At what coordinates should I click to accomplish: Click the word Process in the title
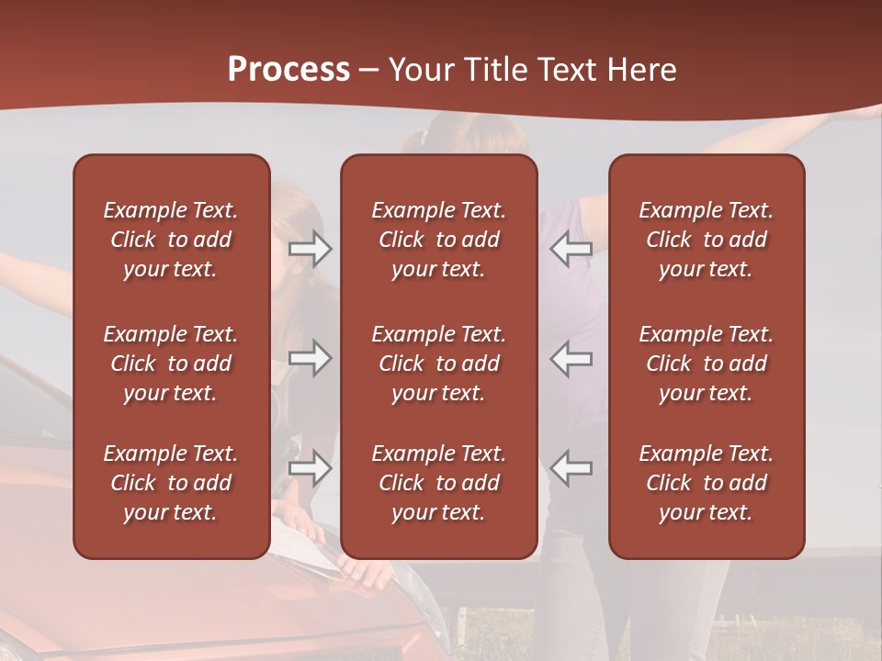tap(288, 69)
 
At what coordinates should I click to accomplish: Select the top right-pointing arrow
tap(311, 248)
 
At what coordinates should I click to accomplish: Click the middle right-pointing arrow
tap(311, 358)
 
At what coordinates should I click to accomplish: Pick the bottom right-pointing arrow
tap(311, 468)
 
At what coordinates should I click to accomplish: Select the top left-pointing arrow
tap(571, 248)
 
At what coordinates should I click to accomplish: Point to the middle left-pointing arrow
tap(571, 358)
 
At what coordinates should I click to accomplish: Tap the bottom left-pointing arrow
tap(571, 468)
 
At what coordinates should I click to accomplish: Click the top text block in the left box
tap(171, 240)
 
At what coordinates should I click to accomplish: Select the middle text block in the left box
tap(171, 364)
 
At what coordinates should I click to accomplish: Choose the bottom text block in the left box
tap(171, 483)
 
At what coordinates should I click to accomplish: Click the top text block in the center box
tap(438, 240)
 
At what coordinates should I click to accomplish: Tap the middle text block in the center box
tap(438, 364)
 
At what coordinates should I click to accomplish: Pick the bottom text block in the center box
tap(438, 483)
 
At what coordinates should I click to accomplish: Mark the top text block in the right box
tap(706, 240)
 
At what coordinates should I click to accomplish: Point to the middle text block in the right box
tap(706, 364)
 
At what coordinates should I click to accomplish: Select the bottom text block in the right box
tap(706, 483)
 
